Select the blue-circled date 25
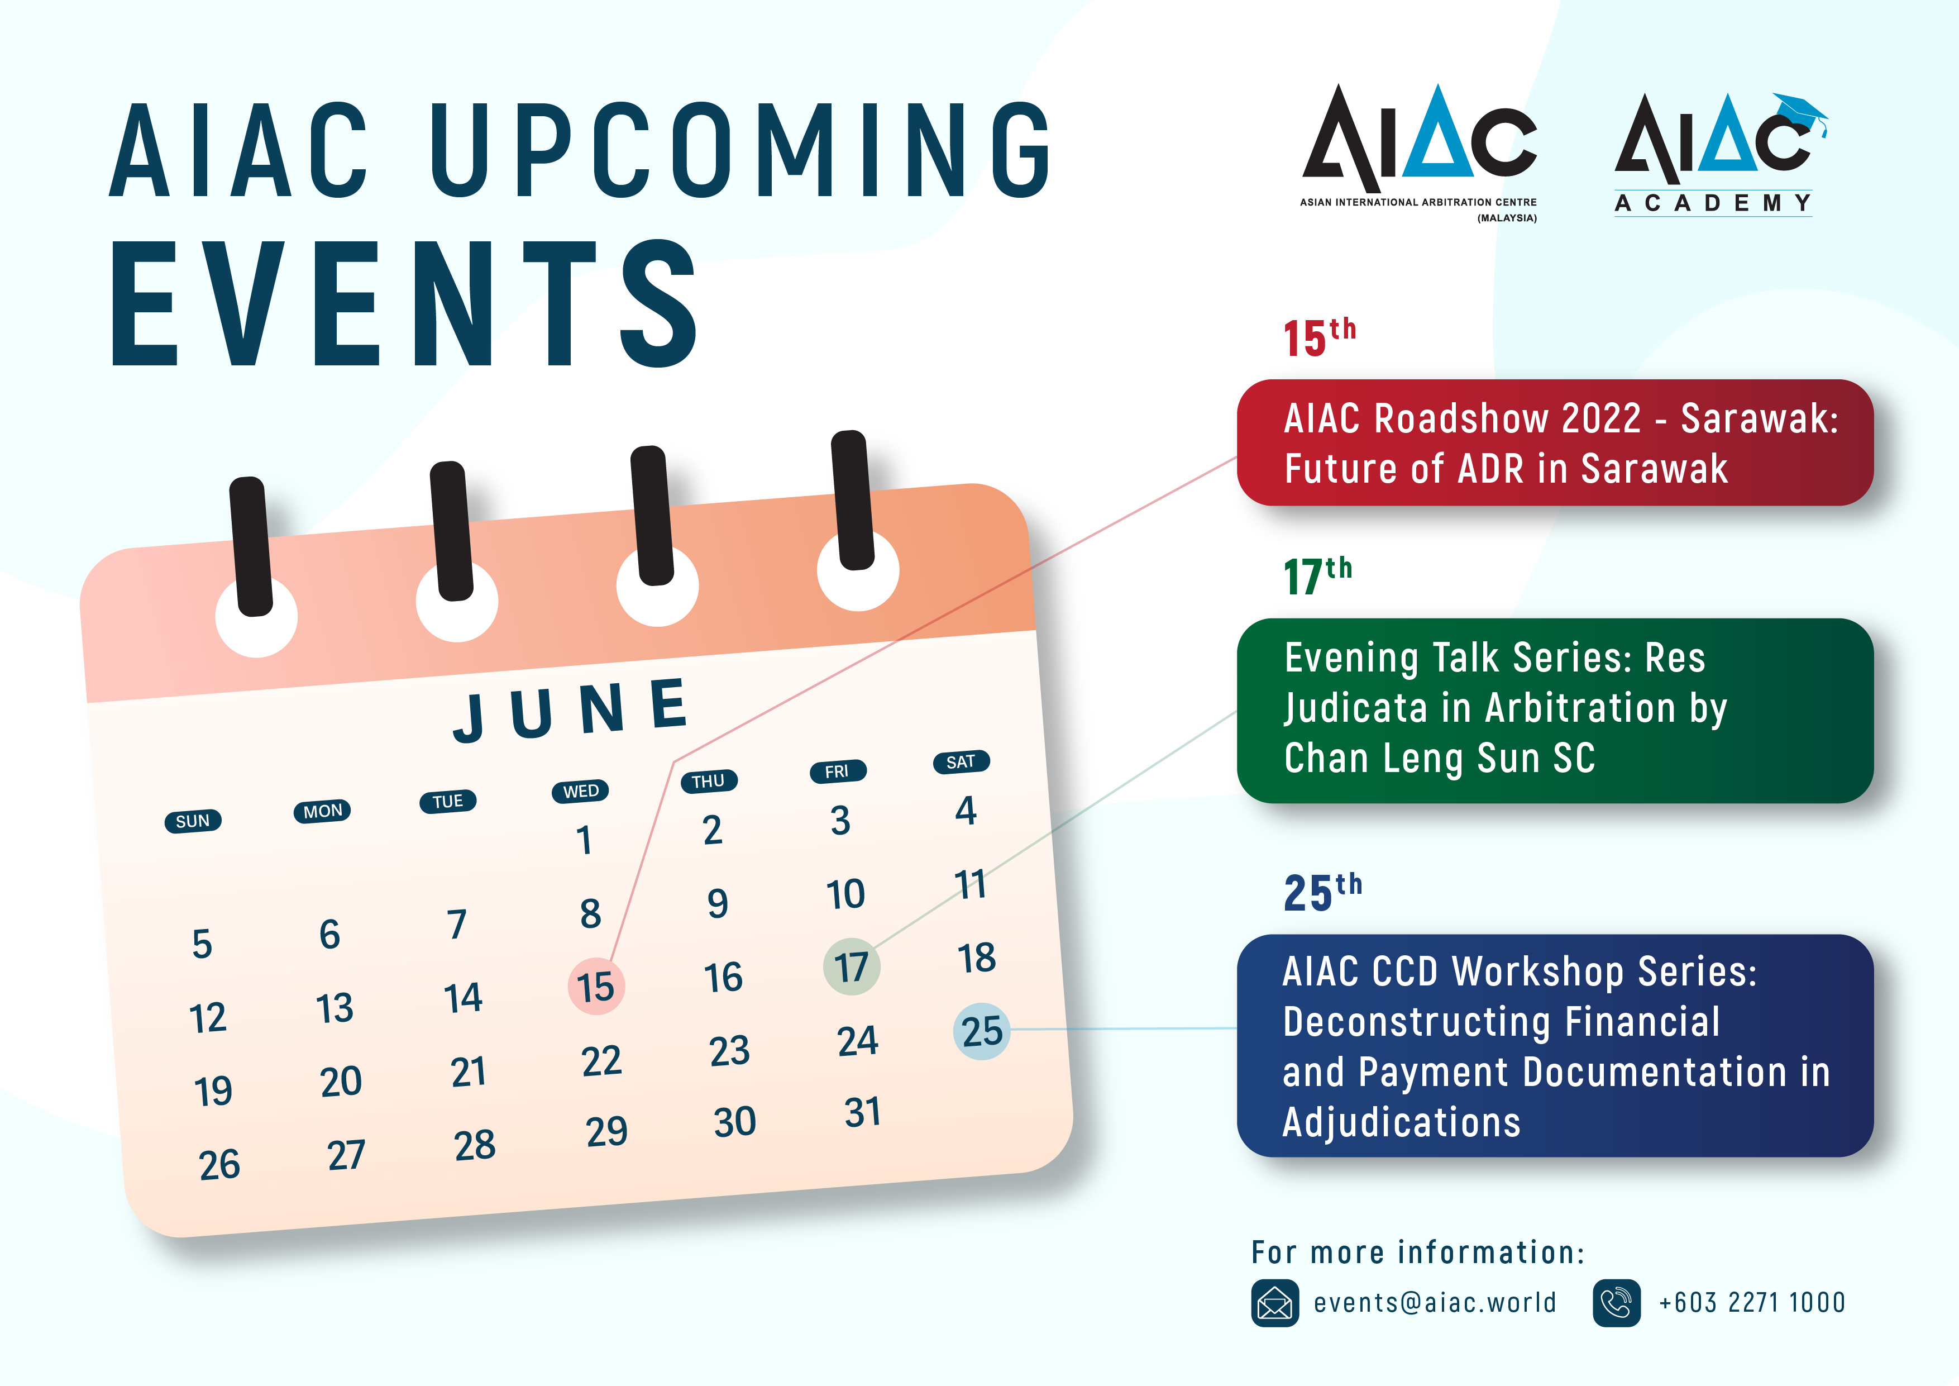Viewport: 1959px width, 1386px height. pyautogui.click(x=981, y=1031)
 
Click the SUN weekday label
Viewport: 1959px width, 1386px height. pyautogui.click(x=193, y=821)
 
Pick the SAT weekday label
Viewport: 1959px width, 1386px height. pyautogui.click(x=961, y=761)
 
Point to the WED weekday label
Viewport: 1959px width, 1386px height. pyautogui.click(x=581, y=791)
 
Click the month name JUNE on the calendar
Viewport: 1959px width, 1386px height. pyautogui.click(x=571, y=709)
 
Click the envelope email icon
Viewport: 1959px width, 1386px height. pyautogui.click(x=1275, y=1302)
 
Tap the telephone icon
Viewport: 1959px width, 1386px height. pyautogui.click(x=1616, y=1302)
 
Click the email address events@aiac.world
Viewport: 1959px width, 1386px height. pyautogui.click(x=1434, y=1302)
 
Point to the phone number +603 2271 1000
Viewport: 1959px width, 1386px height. pyautogui.click(x=1752, y=1302)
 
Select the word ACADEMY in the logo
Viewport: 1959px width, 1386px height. pyautogui.click(x=1713, y=203)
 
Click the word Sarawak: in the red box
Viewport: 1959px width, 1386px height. pyautogui.click(x=1759, y=419)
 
